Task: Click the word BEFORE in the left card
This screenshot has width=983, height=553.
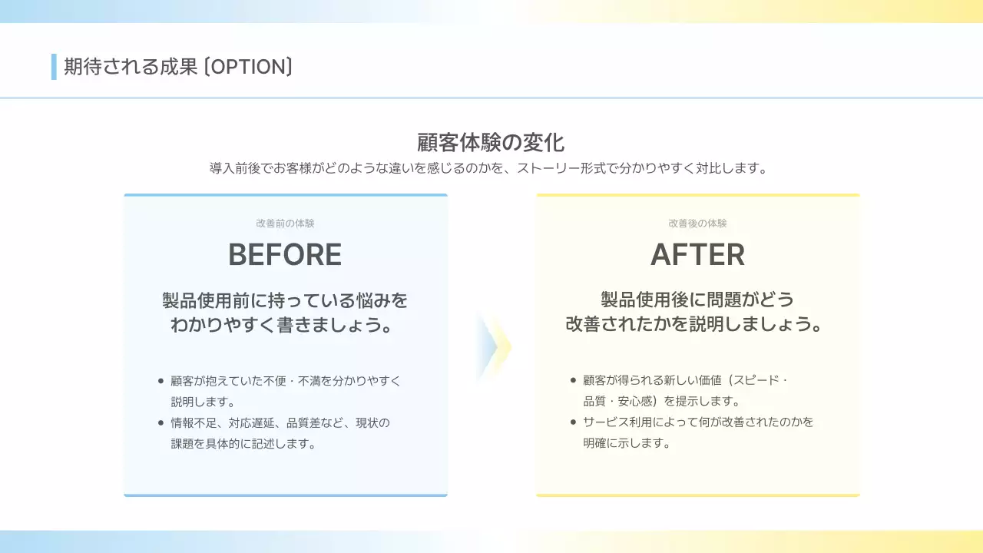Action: pyautogui.click(x=285, y=255)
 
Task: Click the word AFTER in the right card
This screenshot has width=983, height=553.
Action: pyautogui.click(x=697, y=255)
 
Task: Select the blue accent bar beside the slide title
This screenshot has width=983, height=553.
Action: pyautogui.click(x=54, y=67)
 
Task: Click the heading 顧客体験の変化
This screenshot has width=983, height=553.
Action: pyautogui.click(x=491, y=143)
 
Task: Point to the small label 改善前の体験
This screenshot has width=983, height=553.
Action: pyautogui.click(x=285, y=224)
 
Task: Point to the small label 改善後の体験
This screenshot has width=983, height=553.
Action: pyautogui.click(x=697, y=224)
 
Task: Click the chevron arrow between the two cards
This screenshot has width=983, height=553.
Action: pyautogui.click(x=493, y=346)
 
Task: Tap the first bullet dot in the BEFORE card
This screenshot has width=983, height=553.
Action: pyautogui.click(x=161, y=380)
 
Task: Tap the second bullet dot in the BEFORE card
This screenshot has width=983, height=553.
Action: pyautogui.click(x=161, y=422)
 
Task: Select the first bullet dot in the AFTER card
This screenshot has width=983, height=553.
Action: pyautogui.click(x=573, y=380)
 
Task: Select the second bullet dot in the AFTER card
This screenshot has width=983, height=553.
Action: pyautogui.click(x=573, y=422)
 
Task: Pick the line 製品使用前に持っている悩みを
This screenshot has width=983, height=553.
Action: pyautogui.click(x=285, y=300)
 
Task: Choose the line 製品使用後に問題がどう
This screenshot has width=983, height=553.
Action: pyautogui.click(x=697, y=300)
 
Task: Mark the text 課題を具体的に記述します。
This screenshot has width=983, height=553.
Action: pyautogui.click(x=243, y=444)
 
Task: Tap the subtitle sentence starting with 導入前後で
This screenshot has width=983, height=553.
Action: pyautogui.click(x=489, y=168)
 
